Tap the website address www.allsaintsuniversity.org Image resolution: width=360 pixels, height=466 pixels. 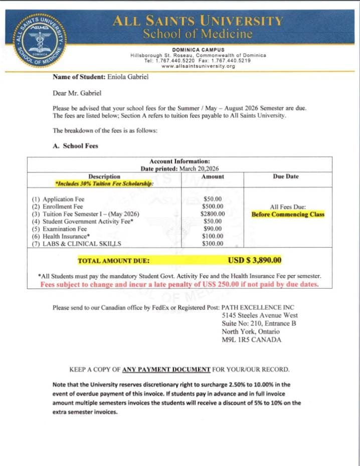[x=198, y=66]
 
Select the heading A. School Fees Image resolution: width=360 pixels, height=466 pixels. [x=75, y=146]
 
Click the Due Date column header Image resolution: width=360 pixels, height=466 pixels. [x=286, y=176]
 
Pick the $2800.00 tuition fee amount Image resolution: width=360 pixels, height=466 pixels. [x=213, y=214]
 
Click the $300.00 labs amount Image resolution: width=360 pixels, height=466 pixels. [x=213, y=244]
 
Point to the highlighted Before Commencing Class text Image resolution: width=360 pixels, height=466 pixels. [x=288, y=214]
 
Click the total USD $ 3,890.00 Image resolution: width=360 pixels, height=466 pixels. [x=255, y=260]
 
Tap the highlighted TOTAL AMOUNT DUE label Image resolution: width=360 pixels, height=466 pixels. [x=113, y=261]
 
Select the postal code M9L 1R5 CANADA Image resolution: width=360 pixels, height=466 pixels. [x=252, y=339]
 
